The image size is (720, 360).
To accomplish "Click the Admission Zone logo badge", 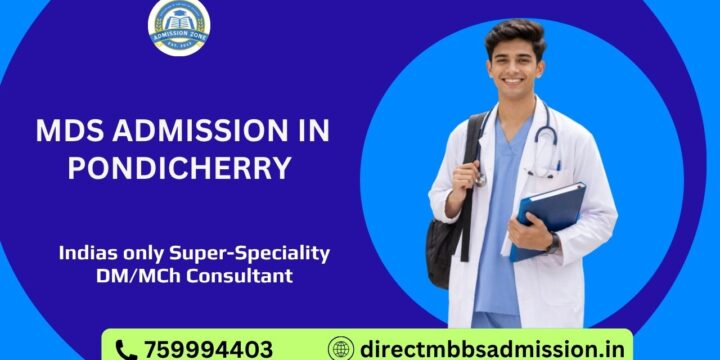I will point(179,27).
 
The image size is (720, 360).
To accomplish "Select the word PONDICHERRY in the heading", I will point(180,167).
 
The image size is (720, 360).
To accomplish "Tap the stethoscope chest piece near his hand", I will point(479,179).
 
